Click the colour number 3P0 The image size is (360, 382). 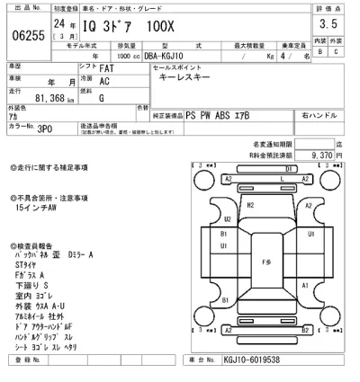click(43, 129)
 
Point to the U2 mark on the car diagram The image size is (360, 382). click(228, 218)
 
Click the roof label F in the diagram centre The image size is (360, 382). click(265, 262)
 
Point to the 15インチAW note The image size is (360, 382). click(36, 208)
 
